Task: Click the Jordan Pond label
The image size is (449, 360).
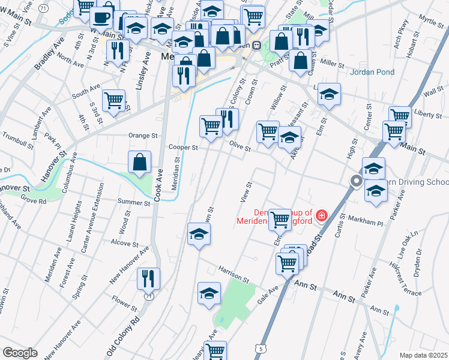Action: (x=373, y=72)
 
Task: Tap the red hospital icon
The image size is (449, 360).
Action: (x=322, y=215)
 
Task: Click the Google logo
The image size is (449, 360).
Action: (x=20, y=352)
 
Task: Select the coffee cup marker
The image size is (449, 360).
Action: (x=101, y=17)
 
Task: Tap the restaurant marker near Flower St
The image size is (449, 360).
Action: (x=148, y=278)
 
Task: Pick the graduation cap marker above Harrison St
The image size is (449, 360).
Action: (x=199, y=234)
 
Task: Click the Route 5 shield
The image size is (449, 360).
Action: (x=260, y=348)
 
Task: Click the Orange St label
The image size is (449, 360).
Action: (x=142, y=136)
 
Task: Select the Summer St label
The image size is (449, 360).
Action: (x=133, y=202)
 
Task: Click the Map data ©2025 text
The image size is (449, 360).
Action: (x=424, y=355)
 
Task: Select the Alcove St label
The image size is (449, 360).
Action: (x=124, y=244)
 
